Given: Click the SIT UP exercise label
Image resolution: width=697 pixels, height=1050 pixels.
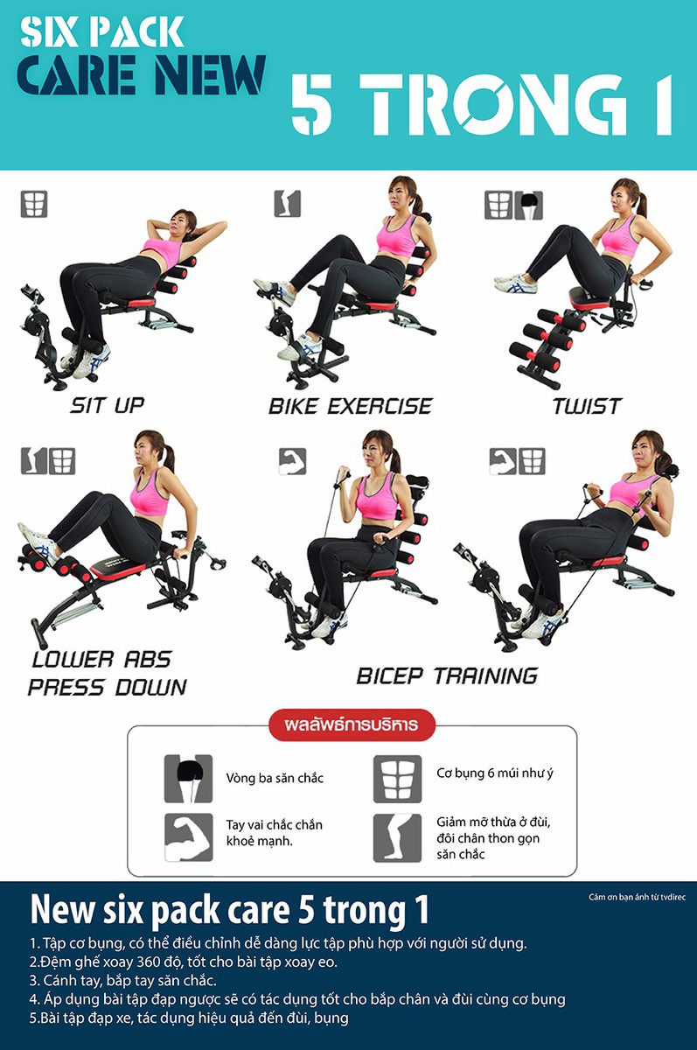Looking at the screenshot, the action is click(108, 405).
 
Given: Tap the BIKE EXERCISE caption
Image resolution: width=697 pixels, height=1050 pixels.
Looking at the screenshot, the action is click(350, 406).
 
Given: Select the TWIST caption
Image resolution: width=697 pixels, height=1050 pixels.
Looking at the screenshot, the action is click(587, 406).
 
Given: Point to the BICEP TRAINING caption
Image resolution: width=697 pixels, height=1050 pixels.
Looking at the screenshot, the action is click(447, 675).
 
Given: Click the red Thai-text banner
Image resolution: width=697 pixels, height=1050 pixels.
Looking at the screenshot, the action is click(352, 724).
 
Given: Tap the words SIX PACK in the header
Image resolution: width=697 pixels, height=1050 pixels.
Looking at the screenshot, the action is click(101, 32).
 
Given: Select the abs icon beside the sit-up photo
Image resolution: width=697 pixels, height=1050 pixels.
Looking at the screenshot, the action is click(34, 204).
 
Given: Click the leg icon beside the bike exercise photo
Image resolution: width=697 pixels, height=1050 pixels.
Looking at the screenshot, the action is click(287, 203).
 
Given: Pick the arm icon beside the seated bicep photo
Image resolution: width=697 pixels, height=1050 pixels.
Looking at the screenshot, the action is click(292, 461).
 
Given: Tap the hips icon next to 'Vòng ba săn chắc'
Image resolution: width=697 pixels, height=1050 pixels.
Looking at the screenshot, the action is click(188, 779).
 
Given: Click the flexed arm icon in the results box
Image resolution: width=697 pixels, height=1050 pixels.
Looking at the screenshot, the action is click(188, 836).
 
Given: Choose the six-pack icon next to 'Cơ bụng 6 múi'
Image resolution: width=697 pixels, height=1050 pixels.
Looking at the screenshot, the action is click(397, 779).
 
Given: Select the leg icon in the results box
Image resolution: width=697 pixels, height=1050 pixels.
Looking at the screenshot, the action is click(397, 837).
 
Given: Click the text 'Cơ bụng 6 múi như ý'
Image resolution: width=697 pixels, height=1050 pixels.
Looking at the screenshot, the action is click(495, 773).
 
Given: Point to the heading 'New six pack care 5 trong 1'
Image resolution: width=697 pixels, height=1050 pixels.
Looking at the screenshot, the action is click(229, 910).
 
